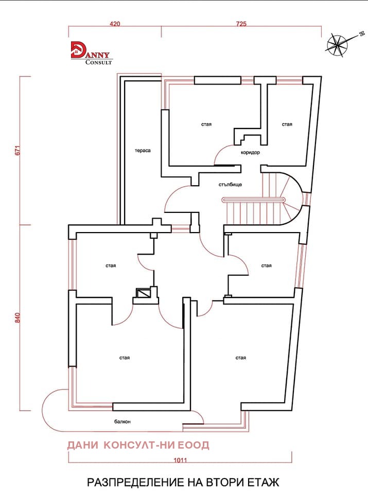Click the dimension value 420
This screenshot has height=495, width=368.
(115, 24)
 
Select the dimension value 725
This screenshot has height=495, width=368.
(241, 24)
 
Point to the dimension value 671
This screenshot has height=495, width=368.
(17, 150)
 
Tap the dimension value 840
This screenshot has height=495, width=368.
(17, 318)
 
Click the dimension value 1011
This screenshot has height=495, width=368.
(180, 460)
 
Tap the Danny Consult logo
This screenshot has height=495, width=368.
(91, 53)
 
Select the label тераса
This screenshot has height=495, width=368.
(143, 151)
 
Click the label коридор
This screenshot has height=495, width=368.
(251, 153)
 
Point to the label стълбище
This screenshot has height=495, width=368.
(230, 185)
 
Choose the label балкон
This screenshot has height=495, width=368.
(122, 422)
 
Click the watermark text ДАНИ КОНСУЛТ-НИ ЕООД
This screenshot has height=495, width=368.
(138, 445)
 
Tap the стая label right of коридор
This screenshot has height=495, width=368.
(287, 125)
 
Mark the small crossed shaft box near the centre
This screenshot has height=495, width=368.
(144, 293)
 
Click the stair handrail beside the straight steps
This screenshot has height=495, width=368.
(253, 200)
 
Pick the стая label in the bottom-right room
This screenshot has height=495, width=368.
(241, 358)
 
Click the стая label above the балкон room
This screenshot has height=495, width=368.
(125, 358)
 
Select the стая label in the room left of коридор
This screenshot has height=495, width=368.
(206, 125)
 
